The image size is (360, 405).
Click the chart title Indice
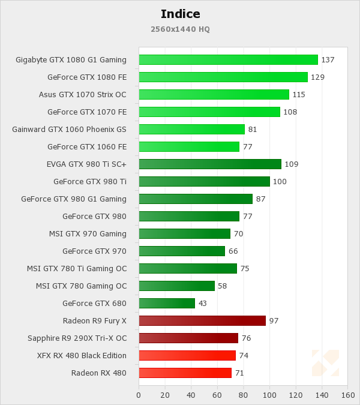click(x=180, y=14)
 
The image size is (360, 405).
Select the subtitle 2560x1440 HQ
click(x=180, y=29)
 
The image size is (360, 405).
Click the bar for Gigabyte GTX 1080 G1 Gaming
click(x=228, y=59)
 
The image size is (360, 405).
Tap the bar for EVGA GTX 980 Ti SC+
click(x=210, y=164)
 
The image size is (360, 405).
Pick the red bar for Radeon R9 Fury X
click(x=202, y=320)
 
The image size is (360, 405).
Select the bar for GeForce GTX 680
click(x=167, y=303)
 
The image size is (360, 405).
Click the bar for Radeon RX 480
click(x=185, y=373)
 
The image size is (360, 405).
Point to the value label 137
click(x=328, y=60)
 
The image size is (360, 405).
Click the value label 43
click(x=203, y=304)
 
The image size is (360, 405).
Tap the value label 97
click(x=274, y=321)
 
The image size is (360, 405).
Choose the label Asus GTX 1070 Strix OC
click(x=82, y=94)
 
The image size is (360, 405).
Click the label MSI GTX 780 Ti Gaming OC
click(x=77, y=268)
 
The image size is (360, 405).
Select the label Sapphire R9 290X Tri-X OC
click(x=77, y=338)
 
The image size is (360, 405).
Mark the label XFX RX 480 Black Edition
click(x=82, y=355)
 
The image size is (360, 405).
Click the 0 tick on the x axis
click(x=139, y=395)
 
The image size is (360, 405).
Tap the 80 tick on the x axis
click(x=244, y=395)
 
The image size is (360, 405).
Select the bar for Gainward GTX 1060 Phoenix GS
click(x=191, y=129)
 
